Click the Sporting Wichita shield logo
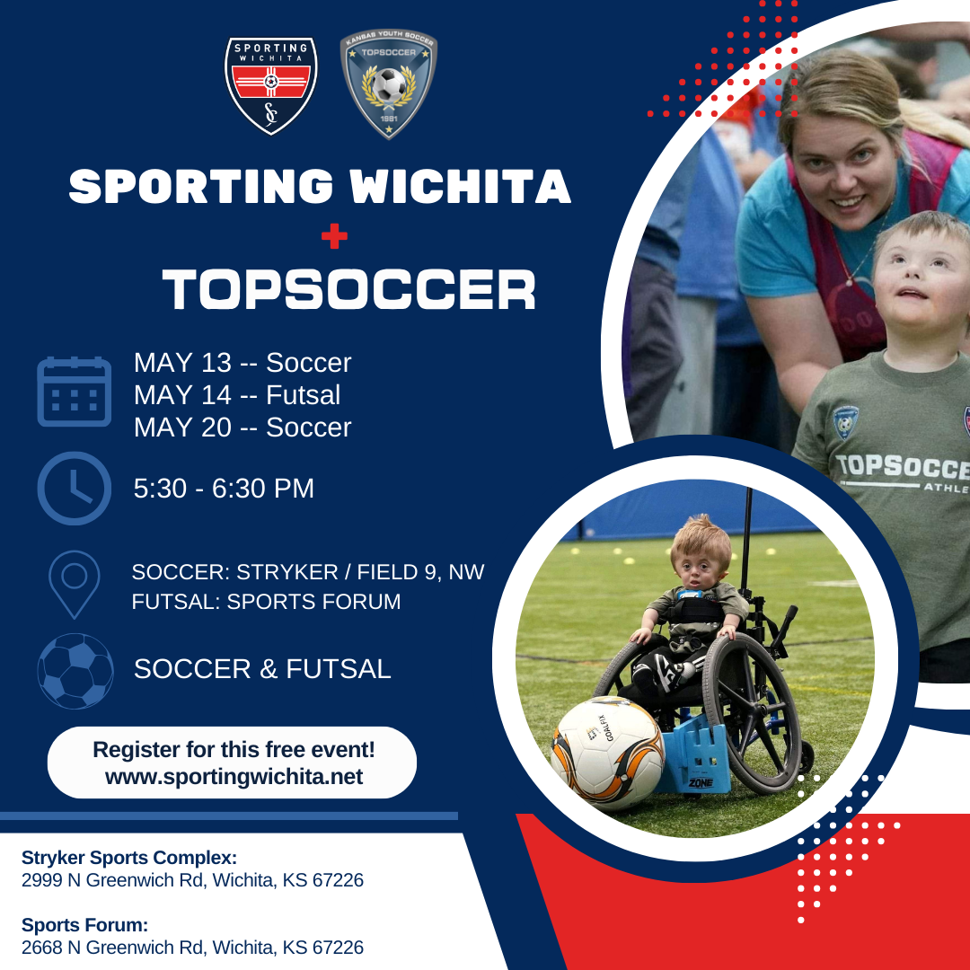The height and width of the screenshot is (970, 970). click(x=270, y=86)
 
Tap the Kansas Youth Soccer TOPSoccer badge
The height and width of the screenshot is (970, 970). click(x=389, y=84)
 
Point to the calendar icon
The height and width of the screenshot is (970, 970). click(x=75, y=392)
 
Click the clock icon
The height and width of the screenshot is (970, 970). click(x=75, y=489)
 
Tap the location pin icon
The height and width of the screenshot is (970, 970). click(x=75, y=584)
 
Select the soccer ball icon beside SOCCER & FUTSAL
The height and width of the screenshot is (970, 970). click(x=75, y=671)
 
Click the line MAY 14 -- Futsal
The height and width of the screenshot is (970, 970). click(x=237, y=395)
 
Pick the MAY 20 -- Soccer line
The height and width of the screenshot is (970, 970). click(x=242, y=428)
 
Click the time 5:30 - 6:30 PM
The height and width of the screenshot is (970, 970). click(x=224, y=489)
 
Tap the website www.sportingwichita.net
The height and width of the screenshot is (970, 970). click(x=234, y=777)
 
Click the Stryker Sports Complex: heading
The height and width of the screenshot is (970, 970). click(x=129, y=857)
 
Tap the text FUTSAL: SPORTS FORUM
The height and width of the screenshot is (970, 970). click(x=266, y=602)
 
